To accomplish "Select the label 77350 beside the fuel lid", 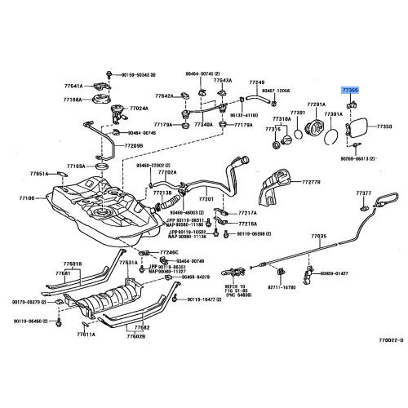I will pos(384,127).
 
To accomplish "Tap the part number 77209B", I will pos(134,146).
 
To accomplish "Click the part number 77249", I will pos(257,82).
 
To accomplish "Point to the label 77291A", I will pos(316,104).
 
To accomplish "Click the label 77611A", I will pos(86,334).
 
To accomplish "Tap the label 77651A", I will pos(40,174).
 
